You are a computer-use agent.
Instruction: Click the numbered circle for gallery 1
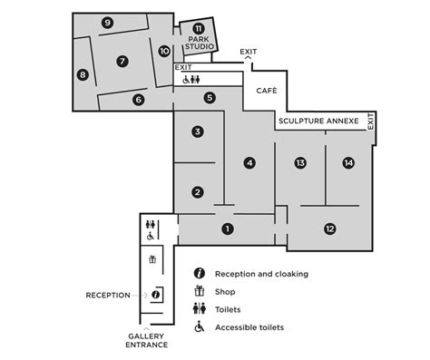[228, 229]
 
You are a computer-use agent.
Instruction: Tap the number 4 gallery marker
[249, 163]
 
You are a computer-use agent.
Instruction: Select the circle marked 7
[122, 62]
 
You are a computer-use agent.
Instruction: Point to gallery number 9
[107, 23]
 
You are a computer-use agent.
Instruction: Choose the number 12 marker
[329, 229]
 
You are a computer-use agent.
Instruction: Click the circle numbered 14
[348, 163]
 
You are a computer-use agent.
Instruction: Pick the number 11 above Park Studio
[198, 28]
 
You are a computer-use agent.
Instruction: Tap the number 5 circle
[210, 97]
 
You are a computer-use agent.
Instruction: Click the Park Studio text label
[198, 44]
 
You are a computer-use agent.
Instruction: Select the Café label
[266, 91]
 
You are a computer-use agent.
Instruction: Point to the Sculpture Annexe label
[318, 121]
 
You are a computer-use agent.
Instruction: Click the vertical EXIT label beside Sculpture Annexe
[371, 122]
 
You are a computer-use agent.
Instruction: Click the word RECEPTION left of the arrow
[108, 295]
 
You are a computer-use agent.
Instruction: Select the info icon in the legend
[199, 273]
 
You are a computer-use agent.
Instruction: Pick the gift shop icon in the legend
[199, 291]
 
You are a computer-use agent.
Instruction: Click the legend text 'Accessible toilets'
[249, 327]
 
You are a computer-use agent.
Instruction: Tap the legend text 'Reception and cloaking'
[262, 273]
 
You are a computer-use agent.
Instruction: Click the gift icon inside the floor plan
[152, 259]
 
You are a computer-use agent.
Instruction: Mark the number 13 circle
[300, 163]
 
